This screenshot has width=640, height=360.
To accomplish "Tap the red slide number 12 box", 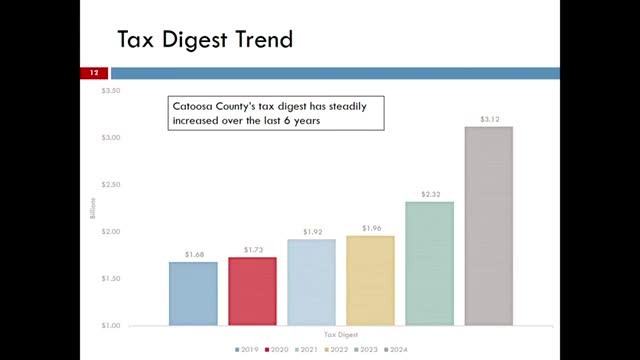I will [93, 73].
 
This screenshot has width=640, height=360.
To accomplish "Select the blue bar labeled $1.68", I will [193, 293].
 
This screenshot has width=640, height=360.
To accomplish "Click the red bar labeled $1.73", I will [252, 291].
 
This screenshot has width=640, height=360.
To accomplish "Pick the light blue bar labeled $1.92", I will [311, 282].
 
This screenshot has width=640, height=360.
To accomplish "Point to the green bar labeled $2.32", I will [429, 263].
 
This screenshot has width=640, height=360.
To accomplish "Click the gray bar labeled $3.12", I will [488, 225].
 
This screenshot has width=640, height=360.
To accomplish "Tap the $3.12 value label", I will [488, 119].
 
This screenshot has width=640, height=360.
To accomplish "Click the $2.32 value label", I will [429, 194].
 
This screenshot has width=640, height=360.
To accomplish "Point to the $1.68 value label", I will [193, 254].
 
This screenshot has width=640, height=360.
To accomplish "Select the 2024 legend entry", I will [427, 349].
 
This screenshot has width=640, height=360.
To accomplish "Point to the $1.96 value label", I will [370, 228].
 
